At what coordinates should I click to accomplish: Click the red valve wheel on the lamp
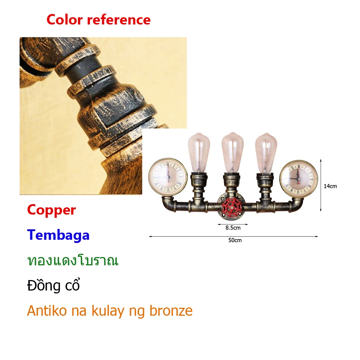(230, 207)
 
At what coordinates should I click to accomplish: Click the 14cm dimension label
(330, 186)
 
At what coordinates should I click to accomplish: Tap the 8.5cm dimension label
(233, 228)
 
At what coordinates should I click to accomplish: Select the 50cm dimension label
(235, 240)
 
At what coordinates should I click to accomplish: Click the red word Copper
(51, 210)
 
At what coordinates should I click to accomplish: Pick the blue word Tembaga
(58, 235)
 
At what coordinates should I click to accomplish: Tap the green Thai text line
(73, 261)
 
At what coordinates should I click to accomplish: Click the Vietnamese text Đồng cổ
(53, 286)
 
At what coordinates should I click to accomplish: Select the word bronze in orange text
(171, 311)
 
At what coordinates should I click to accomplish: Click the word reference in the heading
(119, 19)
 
